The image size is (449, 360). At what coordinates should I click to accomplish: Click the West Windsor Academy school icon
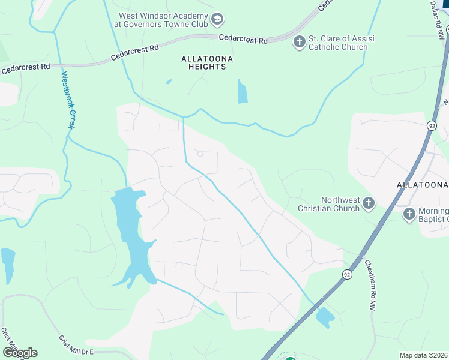(x=217, y=20)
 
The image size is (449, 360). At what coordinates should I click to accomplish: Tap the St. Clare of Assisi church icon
(x=299, y=41)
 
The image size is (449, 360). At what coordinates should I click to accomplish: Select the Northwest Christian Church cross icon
(x=369, y=204)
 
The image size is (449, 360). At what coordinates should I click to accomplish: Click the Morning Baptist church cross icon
(x=409, y=214)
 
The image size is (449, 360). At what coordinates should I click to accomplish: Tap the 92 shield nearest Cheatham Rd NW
(x=347, y=274)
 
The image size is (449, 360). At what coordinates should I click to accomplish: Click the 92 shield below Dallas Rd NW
(x=432, y=125)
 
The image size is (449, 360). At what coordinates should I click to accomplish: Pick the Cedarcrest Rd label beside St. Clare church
(x=243, y=39)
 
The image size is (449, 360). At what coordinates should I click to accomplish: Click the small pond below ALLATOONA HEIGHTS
(x=242, y=92)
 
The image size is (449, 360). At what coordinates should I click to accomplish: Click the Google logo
(x=20, y=352)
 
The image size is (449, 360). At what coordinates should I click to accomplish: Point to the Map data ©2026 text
(x=423, y=355)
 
